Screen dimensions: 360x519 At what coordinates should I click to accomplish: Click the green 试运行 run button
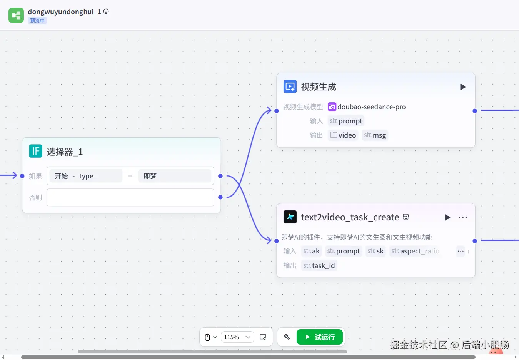[319, 337]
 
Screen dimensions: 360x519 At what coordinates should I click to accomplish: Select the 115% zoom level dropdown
[237, 337]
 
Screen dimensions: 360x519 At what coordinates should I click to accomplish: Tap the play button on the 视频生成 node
[463, 87]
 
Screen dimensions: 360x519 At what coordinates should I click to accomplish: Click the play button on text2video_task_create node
[447, 217]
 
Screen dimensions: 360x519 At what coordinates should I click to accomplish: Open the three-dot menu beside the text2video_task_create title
[463, 217]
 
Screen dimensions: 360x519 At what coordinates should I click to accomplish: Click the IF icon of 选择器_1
[36, 151]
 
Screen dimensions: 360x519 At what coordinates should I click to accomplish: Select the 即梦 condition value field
[174, 176]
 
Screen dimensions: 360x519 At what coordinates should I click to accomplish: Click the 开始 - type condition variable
[86, 176]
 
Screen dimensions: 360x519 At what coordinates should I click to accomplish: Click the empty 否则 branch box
[130, 197]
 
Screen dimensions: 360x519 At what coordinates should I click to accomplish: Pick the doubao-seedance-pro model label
[371, 107]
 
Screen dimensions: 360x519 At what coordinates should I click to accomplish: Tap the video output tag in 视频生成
[343, 135]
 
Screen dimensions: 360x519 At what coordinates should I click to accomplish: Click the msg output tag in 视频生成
[375, 135]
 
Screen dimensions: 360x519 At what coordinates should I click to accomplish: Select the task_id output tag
[319, 266]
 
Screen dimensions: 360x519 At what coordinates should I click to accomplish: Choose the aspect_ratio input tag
[415, 251]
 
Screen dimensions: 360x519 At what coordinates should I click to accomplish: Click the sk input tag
[375, 251]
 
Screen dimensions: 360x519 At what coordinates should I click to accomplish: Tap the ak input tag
[311, 251]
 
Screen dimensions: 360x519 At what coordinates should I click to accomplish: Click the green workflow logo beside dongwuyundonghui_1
[16, 15]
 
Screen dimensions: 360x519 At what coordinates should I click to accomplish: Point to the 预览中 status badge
[37, 21]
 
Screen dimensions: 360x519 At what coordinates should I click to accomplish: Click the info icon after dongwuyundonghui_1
[106, 12]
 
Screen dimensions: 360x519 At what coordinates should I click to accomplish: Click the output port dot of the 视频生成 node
[475, 111]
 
